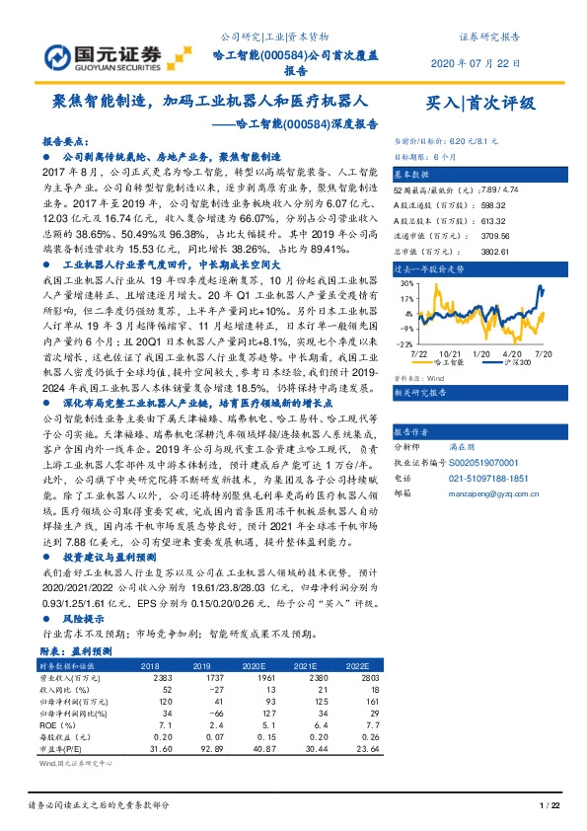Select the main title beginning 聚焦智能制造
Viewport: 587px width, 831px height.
click(209, 102)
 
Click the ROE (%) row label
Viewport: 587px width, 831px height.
click(56, 724)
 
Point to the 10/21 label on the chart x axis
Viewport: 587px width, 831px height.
click(452, 352)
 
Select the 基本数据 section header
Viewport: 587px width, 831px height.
click(415, 171)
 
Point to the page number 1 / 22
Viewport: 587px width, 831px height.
click(549, 807)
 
